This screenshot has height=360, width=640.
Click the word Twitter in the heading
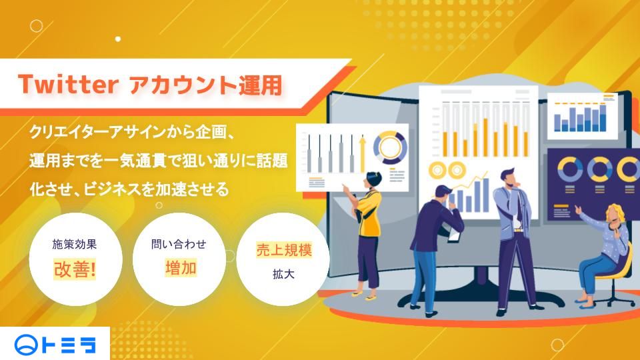click(x=68, y=85)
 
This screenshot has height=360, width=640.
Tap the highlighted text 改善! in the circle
click(x=75, y=269)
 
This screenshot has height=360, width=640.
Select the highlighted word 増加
click(x=181, y=268)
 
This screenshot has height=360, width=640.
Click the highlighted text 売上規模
click(x=284, y=250)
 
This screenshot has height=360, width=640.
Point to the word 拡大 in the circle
click(x=284, y=274)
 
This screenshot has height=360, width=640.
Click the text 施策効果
click(x=75, y=244)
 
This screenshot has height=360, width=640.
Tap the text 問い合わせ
click(x=179, y=244)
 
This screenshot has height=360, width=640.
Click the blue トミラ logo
click(x=55, y=345)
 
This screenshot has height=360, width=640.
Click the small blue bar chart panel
click(x=581, y=116)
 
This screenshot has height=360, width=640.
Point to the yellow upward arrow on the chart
click(x=362, y=154)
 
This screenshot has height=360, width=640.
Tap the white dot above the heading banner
click(x=118, y=39)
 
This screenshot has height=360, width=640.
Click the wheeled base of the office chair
click(x=612, y=299)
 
